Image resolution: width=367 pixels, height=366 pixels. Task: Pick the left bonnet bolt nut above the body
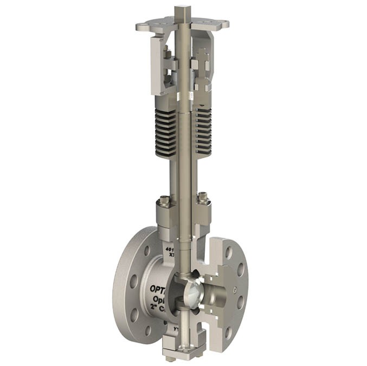pos(164,204)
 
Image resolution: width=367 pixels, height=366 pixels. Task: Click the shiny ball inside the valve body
pos(190,292)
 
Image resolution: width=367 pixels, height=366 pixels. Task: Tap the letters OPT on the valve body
pos(157,289)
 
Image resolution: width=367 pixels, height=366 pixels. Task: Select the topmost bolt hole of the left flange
pos(147,251)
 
